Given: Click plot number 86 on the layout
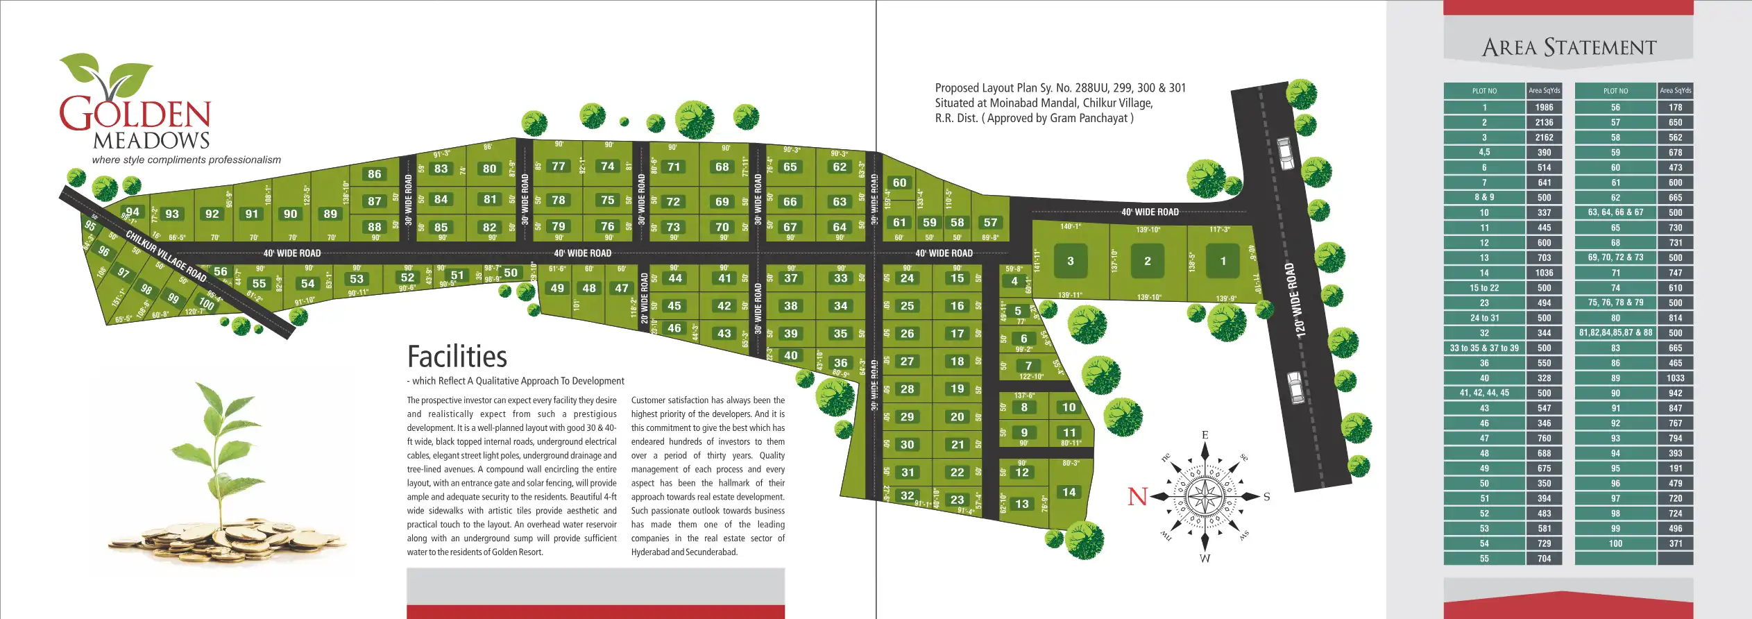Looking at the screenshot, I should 375,174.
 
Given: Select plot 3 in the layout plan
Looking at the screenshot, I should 1070,261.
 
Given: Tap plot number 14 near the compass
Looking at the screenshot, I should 1069,492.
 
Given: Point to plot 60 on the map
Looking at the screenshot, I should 899,183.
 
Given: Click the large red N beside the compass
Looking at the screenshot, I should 1138,497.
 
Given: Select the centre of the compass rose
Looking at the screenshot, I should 1205,496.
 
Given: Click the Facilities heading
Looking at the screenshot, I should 457,357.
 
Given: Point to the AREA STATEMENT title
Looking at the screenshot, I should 1569,47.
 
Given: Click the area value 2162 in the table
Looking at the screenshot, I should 1544,137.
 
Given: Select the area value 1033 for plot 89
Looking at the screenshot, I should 1675,378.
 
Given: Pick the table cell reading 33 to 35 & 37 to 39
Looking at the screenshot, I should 1484,348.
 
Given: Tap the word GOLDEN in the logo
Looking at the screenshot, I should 135,115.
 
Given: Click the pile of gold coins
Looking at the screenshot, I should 222,538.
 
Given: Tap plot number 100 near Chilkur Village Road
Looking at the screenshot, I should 206,303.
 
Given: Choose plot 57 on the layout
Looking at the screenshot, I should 990,223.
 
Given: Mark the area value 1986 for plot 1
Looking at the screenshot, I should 1544,108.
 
